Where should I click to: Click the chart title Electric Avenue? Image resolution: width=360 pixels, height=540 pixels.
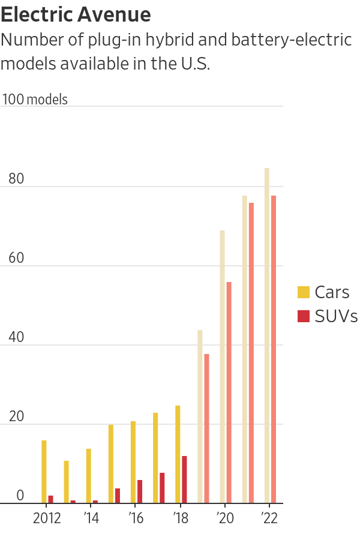click(76, 14)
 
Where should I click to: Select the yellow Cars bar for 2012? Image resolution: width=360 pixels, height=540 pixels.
click(44, 472)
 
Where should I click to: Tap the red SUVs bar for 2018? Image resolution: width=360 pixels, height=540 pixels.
click(184, 479)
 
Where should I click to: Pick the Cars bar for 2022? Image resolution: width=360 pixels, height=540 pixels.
click(267, 335)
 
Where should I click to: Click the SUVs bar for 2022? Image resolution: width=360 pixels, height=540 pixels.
click(274, 349)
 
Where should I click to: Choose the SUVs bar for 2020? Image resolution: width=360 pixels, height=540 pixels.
click(229, 392)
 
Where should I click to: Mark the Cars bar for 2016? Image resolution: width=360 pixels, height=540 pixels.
click(133, 462)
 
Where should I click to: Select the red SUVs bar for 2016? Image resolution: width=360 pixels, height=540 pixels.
click(140, 491)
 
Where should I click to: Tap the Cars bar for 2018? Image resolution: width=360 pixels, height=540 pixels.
click(178, 454)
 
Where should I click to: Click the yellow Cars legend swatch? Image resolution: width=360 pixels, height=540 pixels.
click(304, 293)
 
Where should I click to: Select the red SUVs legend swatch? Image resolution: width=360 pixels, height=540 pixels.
click(304, 316)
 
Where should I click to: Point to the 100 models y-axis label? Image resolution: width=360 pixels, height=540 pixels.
click(35, 100)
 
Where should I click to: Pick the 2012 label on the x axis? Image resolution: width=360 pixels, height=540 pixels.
click(47, 518)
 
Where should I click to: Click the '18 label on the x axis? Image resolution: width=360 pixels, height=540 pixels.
click(179, 518)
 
